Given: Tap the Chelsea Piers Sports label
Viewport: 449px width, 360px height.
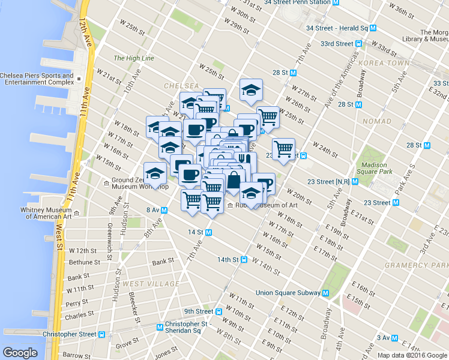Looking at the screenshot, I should (x=35, y=79).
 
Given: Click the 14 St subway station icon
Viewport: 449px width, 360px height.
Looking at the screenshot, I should (x=209, y=232).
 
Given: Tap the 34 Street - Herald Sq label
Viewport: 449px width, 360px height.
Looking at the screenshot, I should (x=337, y=28).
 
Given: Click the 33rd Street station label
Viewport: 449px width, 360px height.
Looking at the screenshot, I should (x=336, y=44).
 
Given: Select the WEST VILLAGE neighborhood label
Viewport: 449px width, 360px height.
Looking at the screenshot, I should (x=151, y=284).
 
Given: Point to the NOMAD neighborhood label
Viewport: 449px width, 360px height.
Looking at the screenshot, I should (x=377, y=121).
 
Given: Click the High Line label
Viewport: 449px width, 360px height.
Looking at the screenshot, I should (x=134, y=58).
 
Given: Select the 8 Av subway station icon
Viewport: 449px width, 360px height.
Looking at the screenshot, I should (x=164, y=210).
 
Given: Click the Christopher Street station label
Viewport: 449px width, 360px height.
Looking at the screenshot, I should (x=69, y=334).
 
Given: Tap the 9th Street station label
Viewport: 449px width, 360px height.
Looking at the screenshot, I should (x=199, y=311).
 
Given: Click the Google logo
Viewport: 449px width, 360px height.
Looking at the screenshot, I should (x=20, y=353).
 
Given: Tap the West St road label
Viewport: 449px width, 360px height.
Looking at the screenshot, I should (x=59, y=236).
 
